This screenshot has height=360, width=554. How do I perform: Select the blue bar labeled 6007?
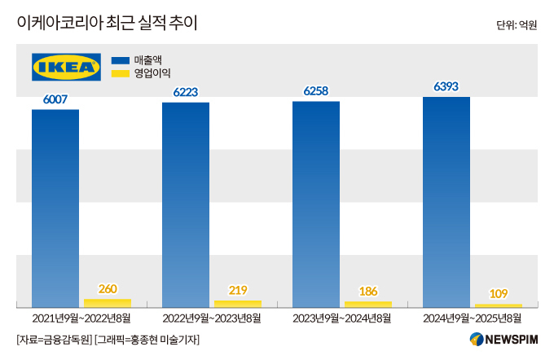[x=55, y=208]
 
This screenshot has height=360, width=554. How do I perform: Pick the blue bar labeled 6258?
[x=316, y=204]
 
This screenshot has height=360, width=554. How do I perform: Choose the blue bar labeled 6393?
[x=446, y=201]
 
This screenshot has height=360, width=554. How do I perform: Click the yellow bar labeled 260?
[x=108, y=302]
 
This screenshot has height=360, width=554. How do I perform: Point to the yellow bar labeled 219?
[x=238, y=303]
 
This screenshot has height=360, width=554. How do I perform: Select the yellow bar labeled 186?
[x=368, y=304]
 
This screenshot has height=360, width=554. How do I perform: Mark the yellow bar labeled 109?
[x=499, y=305]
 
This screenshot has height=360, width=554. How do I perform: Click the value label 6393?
[x=446, y=86]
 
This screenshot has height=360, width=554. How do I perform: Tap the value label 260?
[x=108, y=288]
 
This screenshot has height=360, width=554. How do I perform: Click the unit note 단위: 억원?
[x=517, y=25]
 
